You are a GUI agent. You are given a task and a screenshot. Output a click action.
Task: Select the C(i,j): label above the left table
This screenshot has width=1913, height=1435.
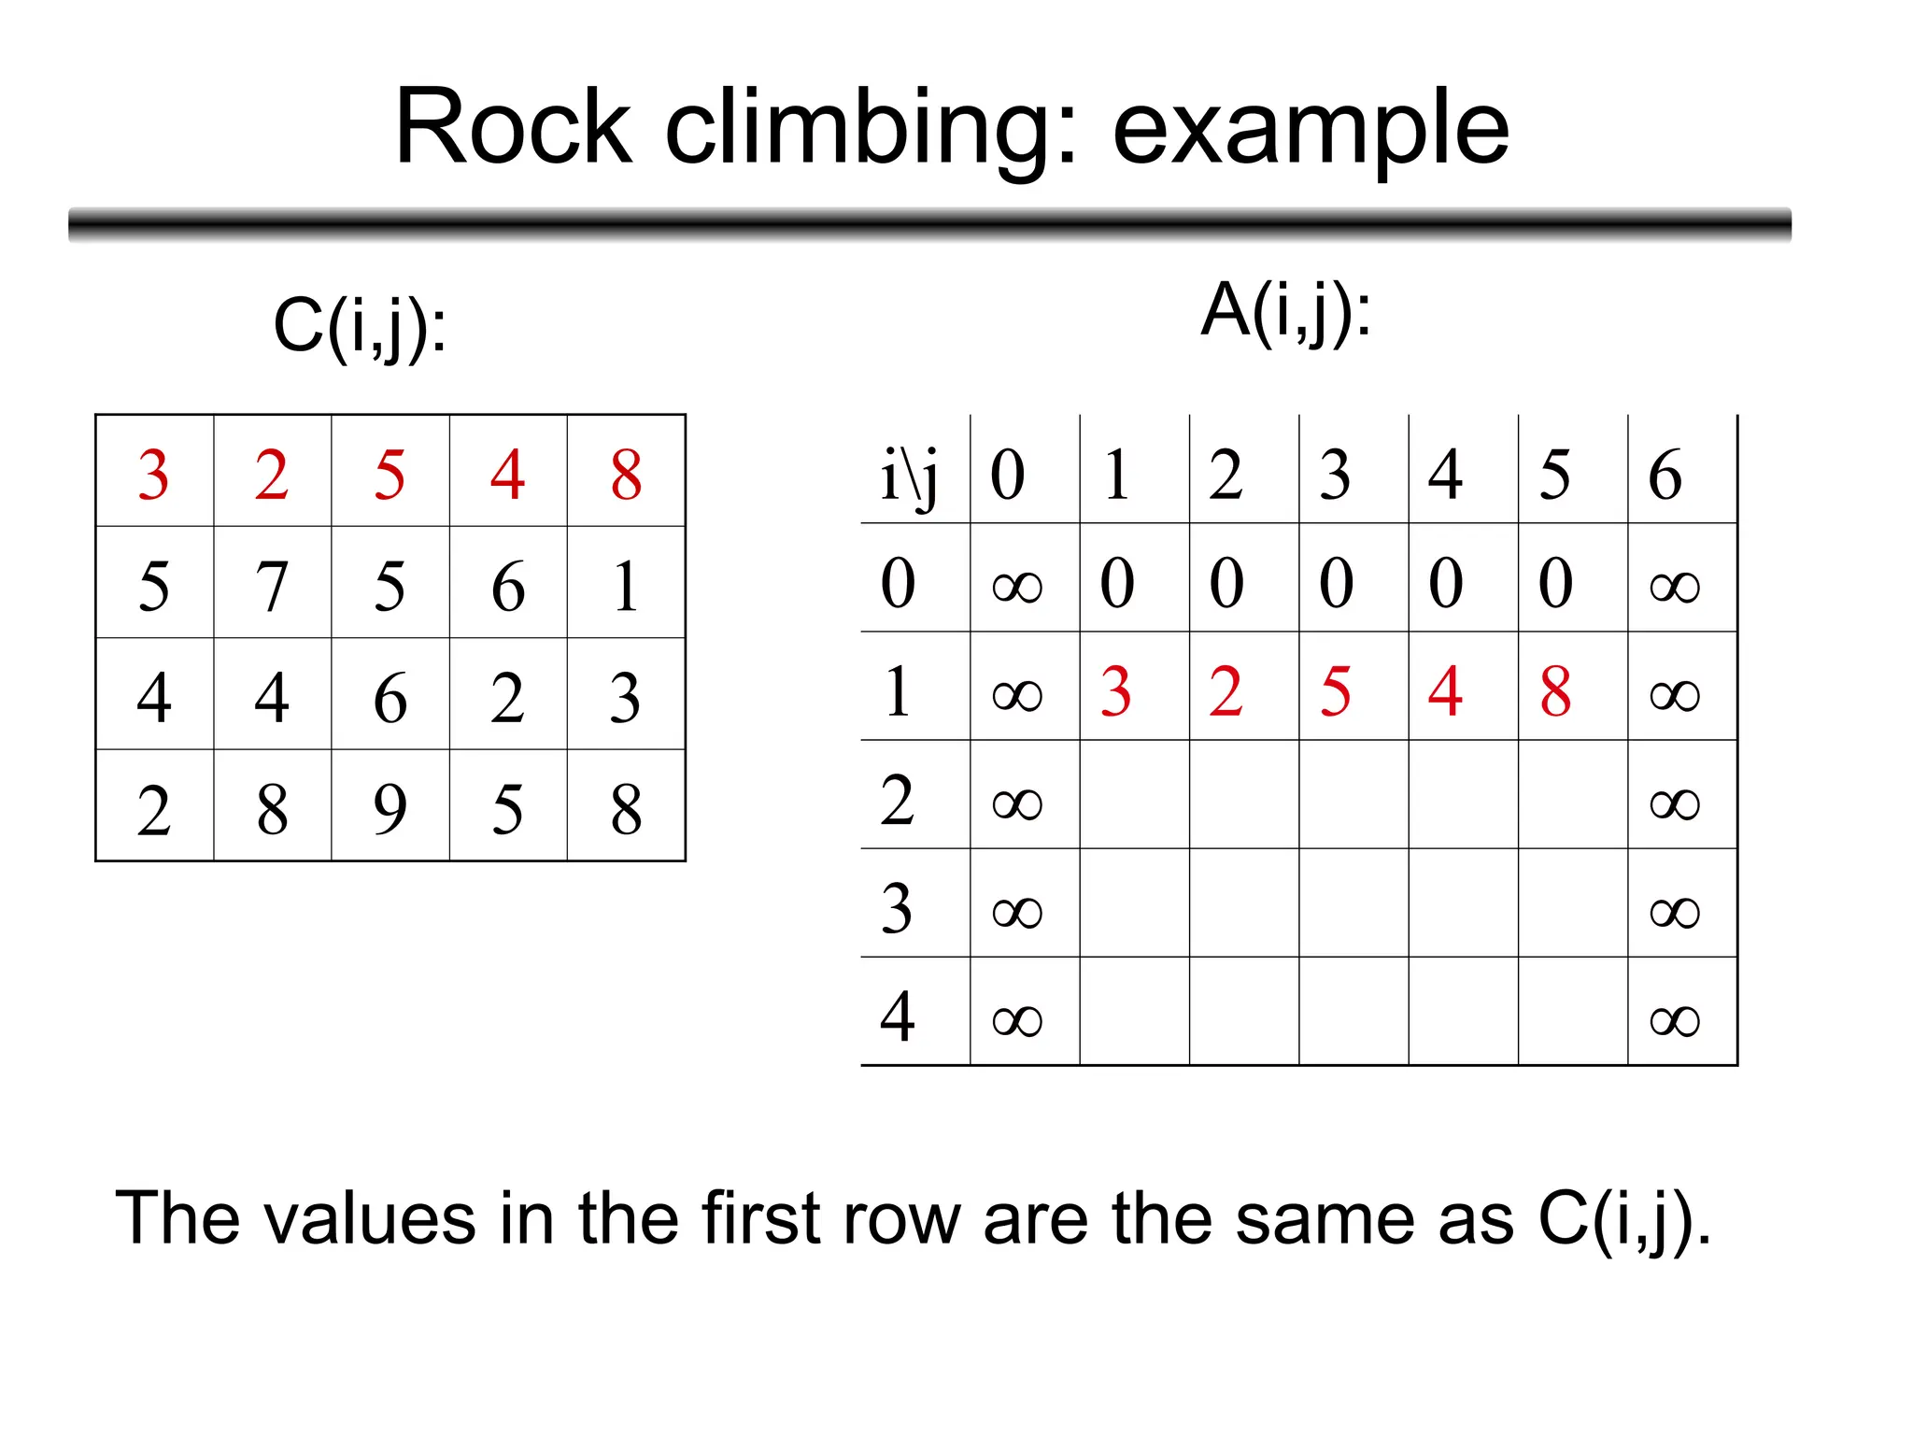tap(360, 326)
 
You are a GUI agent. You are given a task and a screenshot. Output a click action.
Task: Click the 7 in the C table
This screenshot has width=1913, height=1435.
tap(272, 586)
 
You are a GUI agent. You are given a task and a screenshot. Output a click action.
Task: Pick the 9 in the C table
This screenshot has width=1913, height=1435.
tap(390, 808)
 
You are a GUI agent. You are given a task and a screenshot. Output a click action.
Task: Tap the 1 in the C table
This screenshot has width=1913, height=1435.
tap(626, 586)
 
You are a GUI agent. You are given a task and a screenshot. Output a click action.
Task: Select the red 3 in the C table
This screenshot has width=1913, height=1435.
tap(154, 475)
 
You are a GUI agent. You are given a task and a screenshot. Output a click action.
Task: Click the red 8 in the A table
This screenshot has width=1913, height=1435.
tap(1555, 692)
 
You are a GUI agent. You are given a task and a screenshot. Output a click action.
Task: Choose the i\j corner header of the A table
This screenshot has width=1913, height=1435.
tap(909, 475)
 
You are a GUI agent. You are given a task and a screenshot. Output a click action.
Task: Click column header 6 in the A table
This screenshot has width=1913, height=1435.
tap(1665, 475)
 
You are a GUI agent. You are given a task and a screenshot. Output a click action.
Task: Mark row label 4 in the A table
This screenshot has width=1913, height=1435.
tap(897, 1016)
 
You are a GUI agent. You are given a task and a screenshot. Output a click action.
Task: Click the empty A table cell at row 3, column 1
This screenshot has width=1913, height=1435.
tap(1134, 903)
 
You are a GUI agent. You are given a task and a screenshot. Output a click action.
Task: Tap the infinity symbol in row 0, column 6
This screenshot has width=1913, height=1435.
tap(1674, 586)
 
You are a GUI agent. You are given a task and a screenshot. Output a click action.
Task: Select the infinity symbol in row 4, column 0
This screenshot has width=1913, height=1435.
tap(1016, 1019)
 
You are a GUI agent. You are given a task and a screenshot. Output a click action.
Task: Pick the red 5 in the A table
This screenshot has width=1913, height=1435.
tap(1336, 692)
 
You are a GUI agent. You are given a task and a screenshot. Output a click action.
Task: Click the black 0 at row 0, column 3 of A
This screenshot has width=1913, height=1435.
tap(1336, 583)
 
